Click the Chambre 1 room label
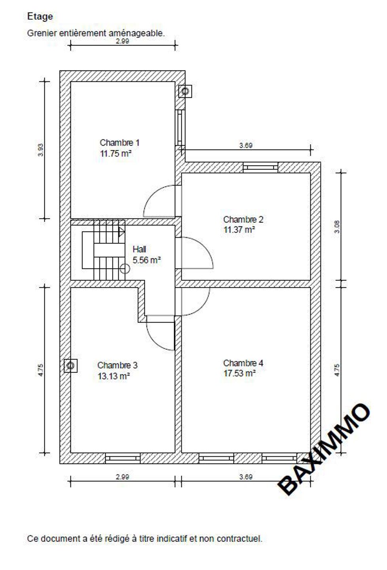coord(120,142)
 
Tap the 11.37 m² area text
coord(239,230)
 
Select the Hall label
coord(139,249)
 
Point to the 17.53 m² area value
coord(239,373)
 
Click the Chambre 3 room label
coord(117,365)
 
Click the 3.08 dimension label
coord(337,227)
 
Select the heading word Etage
coord(40,17)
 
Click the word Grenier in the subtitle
coord(42,33)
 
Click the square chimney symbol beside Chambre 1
coord(185,91)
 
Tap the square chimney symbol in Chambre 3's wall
coord(70,366)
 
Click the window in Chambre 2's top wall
coord(260,167)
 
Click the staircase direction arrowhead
coord(121,232)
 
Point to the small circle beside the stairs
coord(125,269)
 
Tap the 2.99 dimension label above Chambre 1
coord(122,41)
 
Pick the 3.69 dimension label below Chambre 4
coord(246,477)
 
